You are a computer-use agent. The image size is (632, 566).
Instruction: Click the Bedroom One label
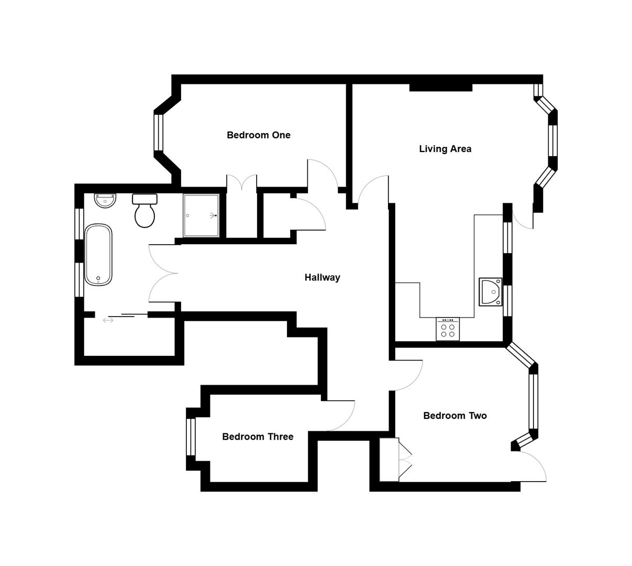pos(258,135)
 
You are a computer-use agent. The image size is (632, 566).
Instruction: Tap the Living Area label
pos(445,149)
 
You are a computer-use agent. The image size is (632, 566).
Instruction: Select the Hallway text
pos(322,278)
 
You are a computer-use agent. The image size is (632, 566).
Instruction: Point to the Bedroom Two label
pos(454,416)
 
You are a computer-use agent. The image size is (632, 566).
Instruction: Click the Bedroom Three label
pos(258,437)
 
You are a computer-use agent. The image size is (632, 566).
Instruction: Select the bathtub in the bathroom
pos(98,255)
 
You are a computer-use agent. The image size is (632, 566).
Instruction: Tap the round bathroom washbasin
pos(105,200)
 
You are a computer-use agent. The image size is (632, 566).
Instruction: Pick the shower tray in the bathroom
pos(201,215)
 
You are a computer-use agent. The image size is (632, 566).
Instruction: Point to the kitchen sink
pos(491,292)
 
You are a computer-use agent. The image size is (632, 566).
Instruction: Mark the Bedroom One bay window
pos(159,132)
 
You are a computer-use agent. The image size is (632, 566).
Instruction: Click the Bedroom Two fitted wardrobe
pos(389,460)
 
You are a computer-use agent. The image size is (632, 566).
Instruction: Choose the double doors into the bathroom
pos(163,273)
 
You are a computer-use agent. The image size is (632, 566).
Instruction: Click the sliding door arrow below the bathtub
pos(108,320)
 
